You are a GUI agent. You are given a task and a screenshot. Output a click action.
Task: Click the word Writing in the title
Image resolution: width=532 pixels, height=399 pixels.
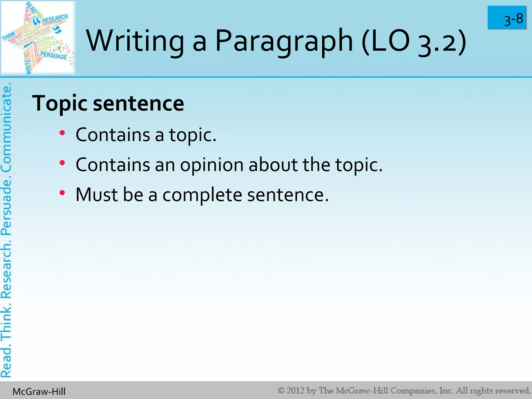point(135,41)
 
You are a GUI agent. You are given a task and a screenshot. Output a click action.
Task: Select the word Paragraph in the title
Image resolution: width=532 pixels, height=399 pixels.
point(284,41)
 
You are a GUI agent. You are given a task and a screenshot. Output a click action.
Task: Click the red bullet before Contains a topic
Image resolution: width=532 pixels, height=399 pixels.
point(62,133)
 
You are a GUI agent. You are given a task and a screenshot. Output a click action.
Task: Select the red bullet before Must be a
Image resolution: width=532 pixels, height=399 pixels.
point(62,193)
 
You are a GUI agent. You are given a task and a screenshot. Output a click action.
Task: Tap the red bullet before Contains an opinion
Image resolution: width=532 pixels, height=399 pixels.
point(62,163)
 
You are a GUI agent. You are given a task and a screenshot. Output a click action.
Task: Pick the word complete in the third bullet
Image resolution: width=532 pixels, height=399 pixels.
point(202,195)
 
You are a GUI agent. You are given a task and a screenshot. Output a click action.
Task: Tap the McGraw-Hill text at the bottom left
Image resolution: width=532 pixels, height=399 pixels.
point(39,391)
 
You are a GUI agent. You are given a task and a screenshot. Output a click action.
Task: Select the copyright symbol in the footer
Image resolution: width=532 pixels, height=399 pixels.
point(281,391)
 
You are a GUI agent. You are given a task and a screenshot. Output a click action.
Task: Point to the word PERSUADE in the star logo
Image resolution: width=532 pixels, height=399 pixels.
point(54,56)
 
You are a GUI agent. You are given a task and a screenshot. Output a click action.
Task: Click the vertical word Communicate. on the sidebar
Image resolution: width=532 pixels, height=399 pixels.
point(6,127)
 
